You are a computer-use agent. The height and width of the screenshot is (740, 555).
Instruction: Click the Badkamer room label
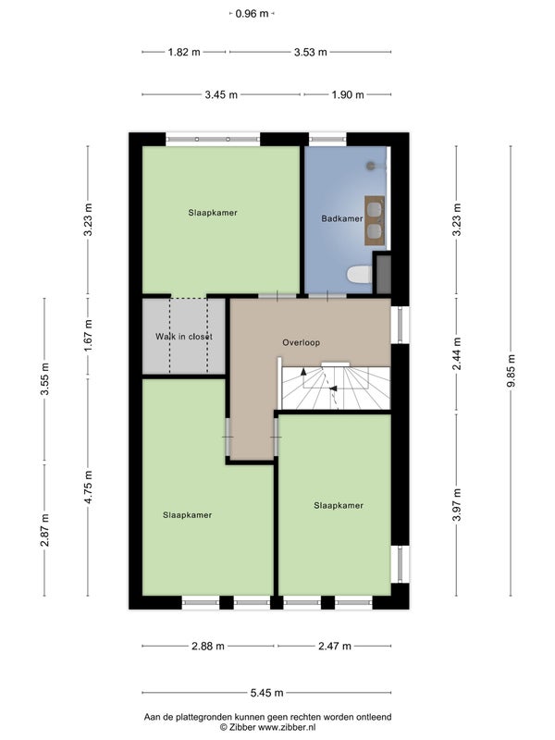coord(342,218)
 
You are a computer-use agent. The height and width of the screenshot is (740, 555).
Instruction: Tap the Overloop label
coord(302,342)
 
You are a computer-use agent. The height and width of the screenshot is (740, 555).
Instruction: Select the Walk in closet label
coord(184,337)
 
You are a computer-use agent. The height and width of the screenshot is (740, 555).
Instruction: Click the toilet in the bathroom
coord(360,275)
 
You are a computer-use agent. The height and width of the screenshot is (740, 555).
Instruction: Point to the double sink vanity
coord(375,220)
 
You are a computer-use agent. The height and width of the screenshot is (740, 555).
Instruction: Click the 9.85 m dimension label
coord(512,371)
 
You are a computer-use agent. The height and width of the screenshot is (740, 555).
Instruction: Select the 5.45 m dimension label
coord(266,693)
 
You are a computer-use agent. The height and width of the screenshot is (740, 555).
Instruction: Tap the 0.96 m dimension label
coord(252,14)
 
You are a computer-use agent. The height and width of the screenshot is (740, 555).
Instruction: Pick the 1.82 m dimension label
coord(184,52)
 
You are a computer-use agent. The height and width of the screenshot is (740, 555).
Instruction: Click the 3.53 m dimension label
coord(311,52)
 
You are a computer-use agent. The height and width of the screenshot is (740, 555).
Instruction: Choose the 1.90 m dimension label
coord(348,94)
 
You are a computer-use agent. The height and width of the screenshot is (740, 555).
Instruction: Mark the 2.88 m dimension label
coord(208,646)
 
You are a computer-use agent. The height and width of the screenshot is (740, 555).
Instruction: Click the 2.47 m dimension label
coord(335,646)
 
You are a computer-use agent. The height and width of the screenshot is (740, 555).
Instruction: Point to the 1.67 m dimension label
coord(88,335)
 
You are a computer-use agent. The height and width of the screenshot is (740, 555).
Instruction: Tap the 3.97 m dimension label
coord(456,505)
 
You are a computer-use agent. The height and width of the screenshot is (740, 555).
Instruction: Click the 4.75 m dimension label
coord(88,487)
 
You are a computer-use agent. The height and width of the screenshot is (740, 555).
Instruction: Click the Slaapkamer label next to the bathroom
coord(213,213)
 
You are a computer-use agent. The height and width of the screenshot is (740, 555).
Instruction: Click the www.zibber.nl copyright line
coord(267,727)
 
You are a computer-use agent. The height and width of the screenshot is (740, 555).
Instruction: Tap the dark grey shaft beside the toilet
coord(383,274)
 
